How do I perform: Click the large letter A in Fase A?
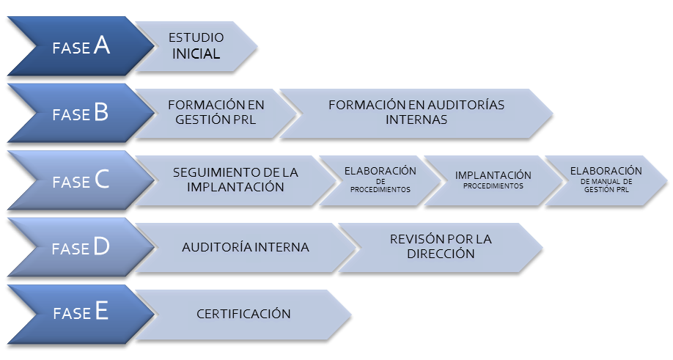pos(102,45)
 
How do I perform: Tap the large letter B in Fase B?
pos(101,112)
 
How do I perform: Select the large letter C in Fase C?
pos(102,179)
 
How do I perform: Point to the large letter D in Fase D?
pos(101,246)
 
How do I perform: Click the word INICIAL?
pos(196,54)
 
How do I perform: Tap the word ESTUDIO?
pos(196,37)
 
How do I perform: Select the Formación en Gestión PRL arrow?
pos(216,113)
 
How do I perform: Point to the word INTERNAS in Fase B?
pos(416,120)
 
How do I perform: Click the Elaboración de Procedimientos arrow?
pos(380,180)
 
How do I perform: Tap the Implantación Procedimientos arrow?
pos(493,180)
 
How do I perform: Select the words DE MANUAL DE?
pos(606,182)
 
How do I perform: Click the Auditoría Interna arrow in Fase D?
pos(246,248)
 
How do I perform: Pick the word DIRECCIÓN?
pos(441,254)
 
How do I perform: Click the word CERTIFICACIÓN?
pos(243,314)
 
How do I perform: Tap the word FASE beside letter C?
pos(71,182)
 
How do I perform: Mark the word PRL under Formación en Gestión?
pos(245,120)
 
